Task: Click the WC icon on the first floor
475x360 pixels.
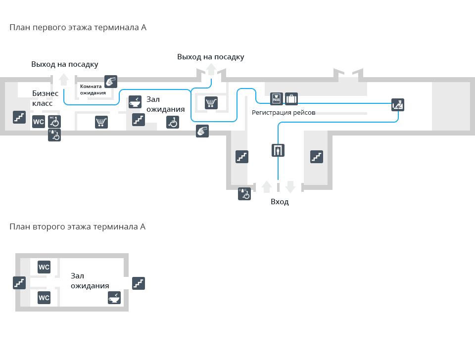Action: (39, 122)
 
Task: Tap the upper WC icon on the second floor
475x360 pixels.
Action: (44, 268)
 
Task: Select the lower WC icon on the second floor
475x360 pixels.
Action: (44, 298)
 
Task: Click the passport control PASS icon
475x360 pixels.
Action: (277, 99)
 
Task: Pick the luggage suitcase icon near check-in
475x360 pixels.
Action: (291, 99)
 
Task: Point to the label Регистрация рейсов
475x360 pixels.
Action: (284, 112)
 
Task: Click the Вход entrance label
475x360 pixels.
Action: (280, 202)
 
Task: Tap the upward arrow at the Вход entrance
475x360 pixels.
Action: (267, 186)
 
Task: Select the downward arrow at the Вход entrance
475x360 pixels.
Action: (290, 186)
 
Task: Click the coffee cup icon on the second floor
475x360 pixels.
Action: (115, 298)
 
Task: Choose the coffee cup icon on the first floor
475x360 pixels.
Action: (135, 102)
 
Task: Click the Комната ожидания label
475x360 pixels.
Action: (93, 90)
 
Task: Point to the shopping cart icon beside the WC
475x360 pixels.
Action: (101, 122)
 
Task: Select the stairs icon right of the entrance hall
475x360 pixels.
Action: (317, 157)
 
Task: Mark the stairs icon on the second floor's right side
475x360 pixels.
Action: (139, 283)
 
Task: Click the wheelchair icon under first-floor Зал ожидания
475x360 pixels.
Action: (172, 122)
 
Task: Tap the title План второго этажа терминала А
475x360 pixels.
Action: (77, 227)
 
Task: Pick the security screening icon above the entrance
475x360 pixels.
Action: (278, 150)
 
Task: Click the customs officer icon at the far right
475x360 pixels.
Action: (398, 104)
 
